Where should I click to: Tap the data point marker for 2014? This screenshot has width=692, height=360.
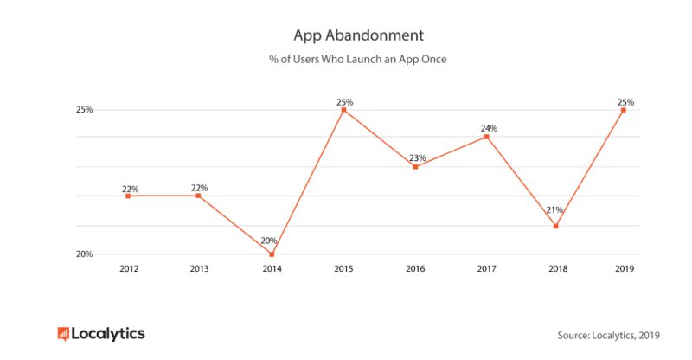coord(272,254)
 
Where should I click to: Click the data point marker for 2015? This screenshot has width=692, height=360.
coord(343,110)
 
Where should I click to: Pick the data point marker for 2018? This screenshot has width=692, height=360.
coord(555,226)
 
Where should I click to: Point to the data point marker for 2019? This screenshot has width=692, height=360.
coord(624,110)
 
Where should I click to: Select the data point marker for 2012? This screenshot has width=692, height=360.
coord(128,196)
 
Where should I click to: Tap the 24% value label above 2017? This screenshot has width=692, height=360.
coord(489,128)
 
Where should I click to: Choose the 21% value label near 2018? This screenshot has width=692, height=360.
coord(554,209)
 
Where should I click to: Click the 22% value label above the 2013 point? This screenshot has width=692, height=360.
coord(199,188)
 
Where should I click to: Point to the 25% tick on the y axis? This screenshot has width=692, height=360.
coord(84,110)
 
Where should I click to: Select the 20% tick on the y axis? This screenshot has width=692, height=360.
coord(84,254)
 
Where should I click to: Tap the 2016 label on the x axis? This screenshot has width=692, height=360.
coord(415,268)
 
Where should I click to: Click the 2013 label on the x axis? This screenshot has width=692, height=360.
coord(199,268)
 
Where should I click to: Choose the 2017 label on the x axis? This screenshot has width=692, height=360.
coord(487,268)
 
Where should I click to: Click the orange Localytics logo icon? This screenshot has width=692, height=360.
coord(63,334)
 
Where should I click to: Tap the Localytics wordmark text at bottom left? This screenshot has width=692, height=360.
coord(108,334)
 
